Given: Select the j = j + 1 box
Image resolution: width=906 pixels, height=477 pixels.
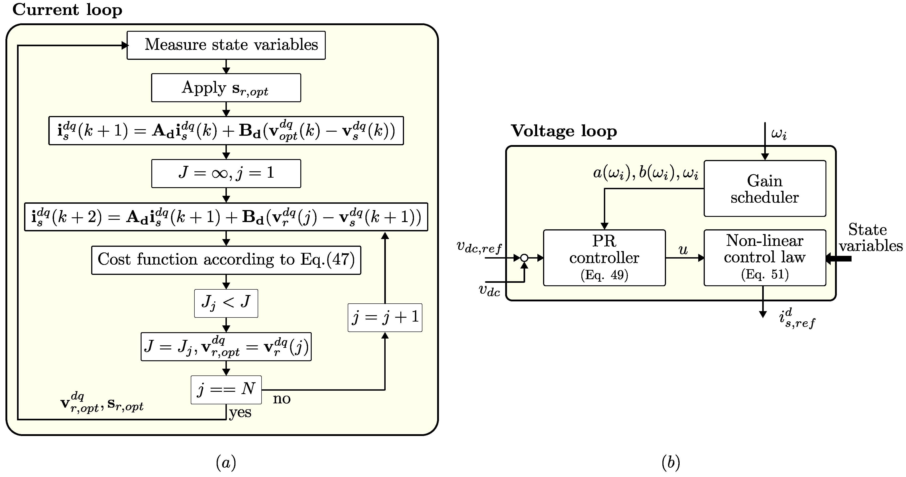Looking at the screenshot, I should click(385, 317).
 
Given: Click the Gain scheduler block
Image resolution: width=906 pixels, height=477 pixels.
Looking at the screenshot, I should click(765, 189).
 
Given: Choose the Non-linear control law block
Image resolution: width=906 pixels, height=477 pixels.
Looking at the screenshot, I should click(765, 258).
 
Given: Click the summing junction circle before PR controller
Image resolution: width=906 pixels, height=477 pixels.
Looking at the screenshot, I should click(524, 258).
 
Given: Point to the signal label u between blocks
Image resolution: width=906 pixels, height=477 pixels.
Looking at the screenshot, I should click(683, 250).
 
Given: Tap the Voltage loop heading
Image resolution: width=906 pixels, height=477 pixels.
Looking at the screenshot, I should click(563, 131).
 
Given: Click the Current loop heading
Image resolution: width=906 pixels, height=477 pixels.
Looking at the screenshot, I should click(67, 10).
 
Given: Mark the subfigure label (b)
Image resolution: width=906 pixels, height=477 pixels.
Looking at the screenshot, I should click(670, 462).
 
